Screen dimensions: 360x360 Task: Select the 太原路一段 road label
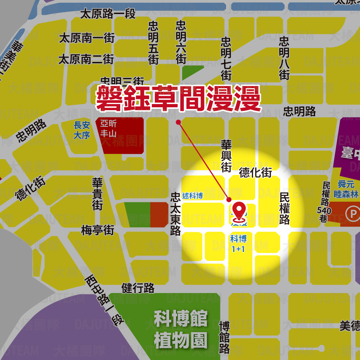click(108, 14)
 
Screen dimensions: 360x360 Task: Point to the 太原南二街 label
click(86, 59)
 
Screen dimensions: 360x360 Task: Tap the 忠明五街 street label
click(153, 42)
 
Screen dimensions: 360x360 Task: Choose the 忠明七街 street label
click(226, 59)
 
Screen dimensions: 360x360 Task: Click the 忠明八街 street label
click(284, 58)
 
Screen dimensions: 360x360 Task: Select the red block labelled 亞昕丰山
click(108, 129)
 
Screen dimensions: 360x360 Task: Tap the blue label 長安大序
click(82, 130)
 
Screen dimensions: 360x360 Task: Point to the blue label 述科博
click(192, 196)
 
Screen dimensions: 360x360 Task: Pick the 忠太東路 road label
click(175, 213)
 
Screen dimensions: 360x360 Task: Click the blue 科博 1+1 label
click(238, 243)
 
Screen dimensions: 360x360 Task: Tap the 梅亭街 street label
click(98, 230)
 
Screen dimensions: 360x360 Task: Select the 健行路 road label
click(138, 288)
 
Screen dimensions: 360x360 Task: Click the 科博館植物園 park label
click(181, 329)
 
